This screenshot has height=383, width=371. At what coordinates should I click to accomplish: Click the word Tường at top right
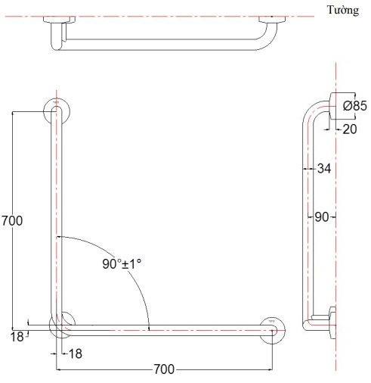(x=343, y=10)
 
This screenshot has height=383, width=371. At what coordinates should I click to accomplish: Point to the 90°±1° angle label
(x=122, y=264)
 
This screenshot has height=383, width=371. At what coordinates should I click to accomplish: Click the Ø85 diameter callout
(x=354, y=107)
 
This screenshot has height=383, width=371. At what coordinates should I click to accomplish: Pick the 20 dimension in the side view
(x=351, y=130)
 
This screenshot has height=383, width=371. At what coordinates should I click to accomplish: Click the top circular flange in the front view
(x=57, y=110)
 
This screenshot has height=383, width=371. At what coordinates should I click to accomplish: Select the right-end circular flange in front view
(x=272, y=327)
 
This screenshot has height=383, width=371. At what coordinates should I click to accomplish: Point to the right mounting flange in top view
(x=271, y=18)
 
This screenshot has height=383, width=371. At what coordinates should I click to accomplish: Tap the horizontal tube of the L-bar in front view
(x=166, y=329)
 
